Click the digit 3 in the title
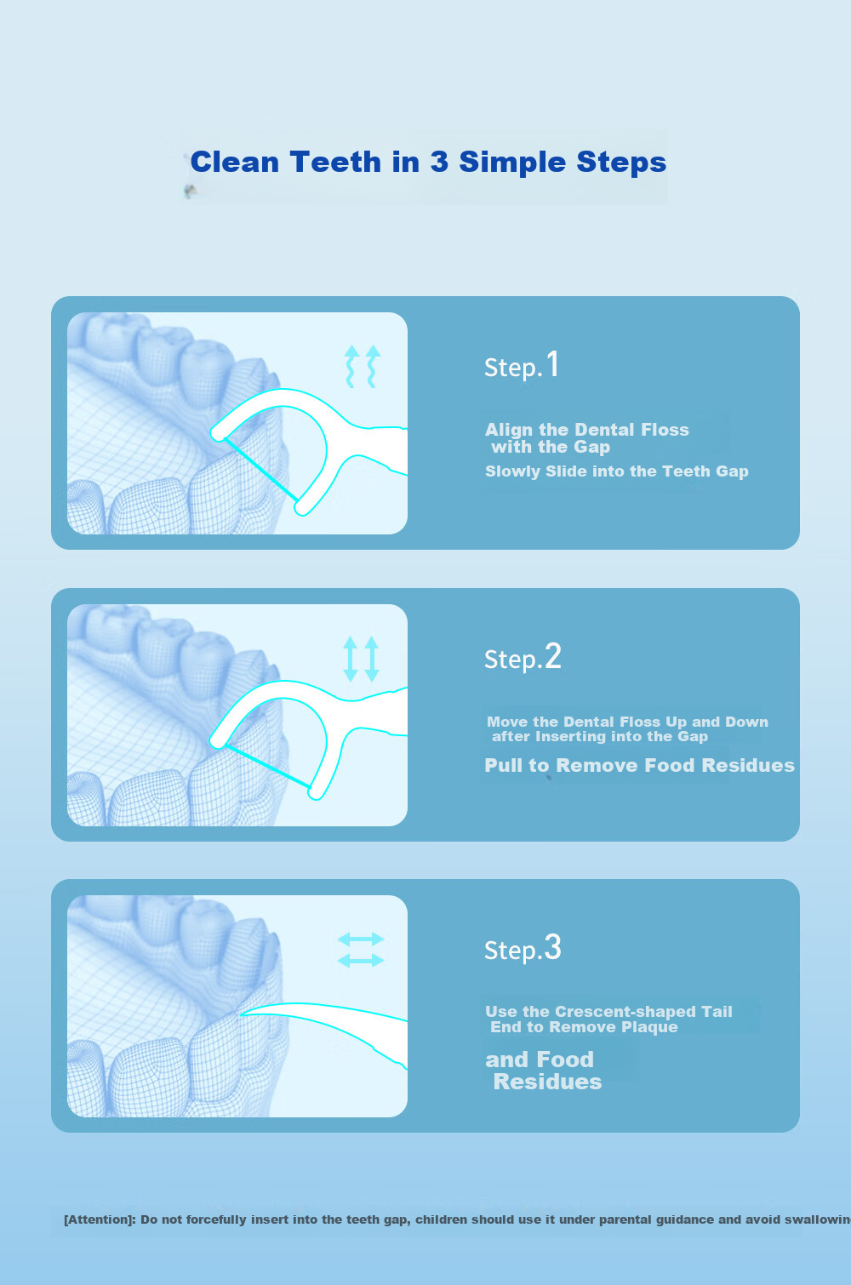click(439, 162)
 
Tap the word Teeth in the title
click(335, 162)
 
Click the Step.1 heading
click(521, 365)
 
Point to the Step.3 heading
click(523, 948)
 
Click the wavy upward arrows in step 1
click(363, 366)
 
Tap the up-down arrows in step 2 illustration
click(361, 659)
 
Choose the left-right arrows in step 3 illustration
click(360, 950)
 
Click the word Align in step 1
click(510, 430)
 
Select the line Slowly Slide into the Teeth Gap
click(617, 471)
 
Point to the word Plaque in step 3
click(653, 1027)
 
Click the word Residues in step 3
click(547, 1082)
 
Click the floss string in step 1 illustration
click(261, 471)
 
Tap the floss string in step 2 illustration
click(267, 767)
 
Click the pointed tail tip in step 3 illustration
click(242, 1014)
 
